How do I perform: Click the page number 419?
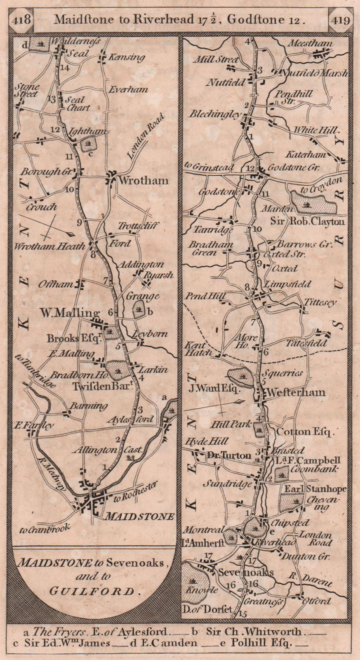click(339, 19)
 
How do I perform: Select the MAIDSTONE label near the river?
click(140, 516)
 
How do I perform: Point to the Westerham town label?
click(296, 392)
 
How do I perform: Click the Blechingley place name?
click(214, 114)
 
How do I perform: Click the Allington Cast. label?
click(107, 450)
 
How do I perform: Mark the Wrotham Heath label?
click(49, 246)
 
